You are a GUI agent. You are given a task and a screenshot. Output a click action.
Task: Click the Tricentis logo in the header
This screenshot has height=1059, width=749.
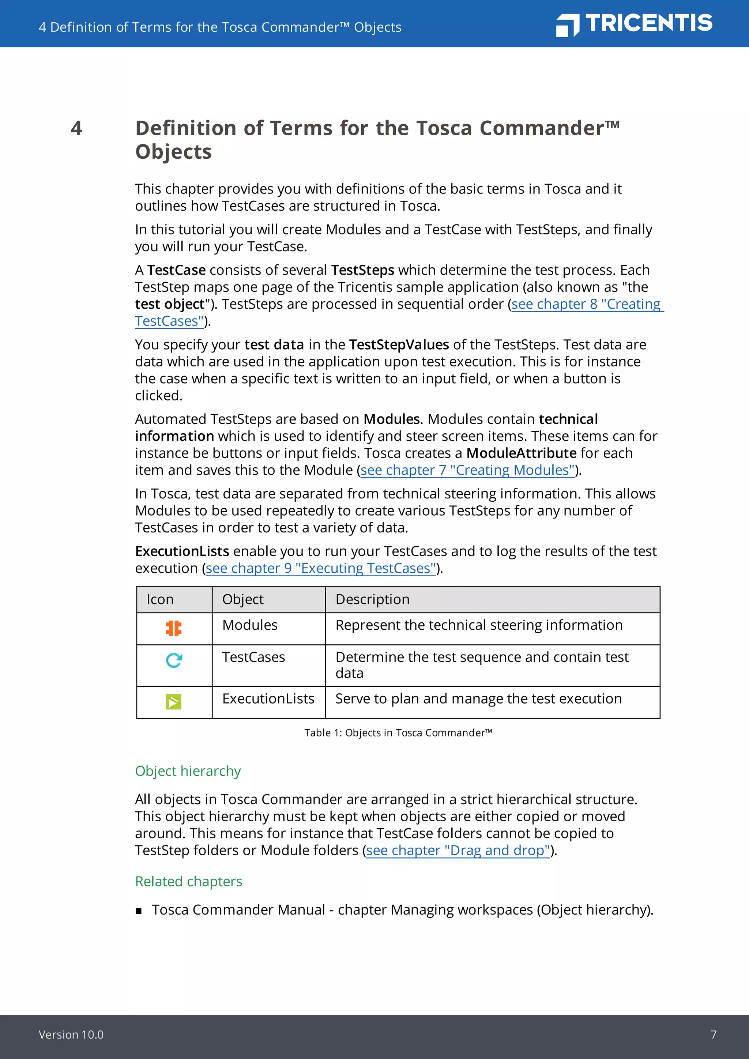pos(634,24)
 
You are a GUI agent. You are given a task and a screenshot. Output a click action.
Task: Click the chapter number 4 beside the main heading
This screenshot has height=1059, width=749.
pos(76,128)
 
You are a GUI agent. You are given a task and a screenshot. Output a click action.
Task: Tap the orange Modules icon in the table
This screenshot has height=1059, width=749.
pos(174,628)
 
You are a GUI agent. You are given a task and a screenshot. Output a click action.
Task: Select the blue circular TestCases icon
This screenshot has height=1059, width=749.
pos(174,660)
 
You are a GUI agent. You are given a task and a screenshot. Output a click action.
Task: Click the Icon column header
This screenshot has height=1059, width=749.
pos(160,599)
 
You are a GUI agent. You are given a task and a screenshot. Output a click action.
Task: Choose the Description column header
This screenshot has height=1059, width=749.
pos(372,599)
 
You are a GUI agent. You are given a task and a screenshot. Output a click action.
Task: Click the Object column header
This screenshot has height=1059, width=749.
pos(242,599)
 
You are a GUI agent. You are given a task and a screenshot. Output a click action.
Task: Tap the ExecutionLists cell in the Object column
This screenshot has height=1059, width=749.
pos(268,699)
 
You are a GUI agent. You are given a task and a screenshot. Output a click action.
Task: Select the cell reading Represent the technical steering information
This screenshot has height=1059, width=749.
pos(479,625)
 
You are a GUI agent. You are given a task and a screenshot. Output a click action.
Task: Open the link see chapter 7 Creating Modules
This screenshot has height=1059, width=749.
pos(467,470)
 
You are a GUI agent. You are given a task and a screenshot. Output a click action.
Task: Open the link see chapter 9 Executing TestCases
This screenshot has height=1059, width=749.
pos(320,568)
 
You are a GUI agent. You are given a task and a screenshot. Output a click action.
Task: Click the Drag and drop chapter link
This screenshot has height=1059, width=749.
pos(458,850)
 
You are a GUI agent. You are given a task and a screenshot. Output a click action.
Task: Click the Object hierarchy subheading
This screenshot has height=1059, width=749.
pos(188,771)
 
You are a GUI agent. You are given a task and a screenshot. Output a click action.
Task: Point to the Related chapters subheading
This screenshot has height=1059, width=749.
pos(188,881)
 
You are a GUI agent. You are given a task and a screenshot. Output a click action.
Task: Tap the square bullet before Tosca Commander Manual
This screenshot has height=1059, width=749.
pos(138,911)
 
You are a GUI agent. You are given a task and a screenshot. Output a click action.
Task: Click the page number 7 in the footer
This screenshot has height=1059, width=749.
pos(714,1034)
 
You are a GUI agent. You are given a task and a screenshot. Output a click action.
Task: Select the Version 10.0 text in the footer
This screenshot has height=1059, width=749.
pos(71,1034)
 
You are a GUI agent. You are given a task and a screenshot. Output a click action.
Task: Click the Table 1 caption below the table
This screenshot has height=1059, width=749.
pos(398,732)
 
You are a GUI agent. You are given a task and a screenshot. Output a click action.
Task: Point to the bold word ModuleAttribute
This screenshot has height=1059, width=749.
pos(521,453)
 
